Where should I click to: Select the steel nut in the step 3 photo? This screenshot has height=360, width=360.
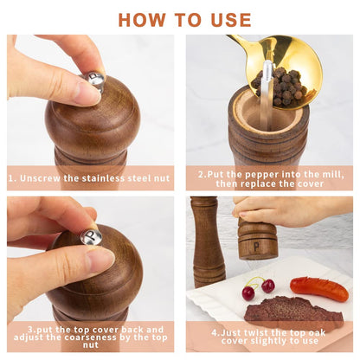click(x=91, y=236)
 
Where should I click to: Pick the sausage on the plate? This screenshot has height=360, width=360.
click(x=318, y=288)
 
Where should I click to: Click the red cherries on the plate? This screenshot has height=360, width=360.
click(x=258, y=288)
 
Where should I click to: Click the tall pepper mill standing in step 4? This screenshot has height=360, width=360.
click(x=208, y=242)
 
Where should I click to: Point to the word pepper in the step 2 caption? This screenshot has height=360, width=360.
click(x=253, y=174)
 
